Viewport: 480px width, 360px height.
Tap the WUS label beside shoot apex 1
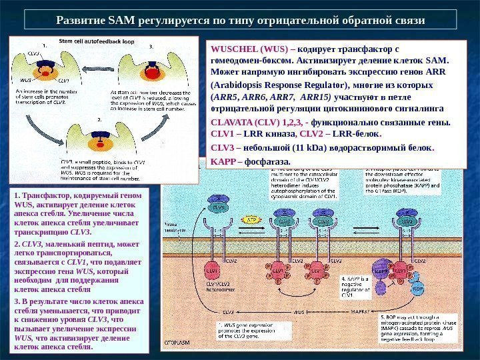(27, 79)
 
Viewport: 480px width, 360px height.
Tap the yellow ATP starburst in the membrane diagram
(251, 219)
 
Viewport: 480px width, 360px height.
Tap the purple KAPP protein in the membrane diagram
(383, 272)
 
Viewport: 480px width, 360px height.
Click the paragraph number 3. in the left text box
(16, 301)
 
